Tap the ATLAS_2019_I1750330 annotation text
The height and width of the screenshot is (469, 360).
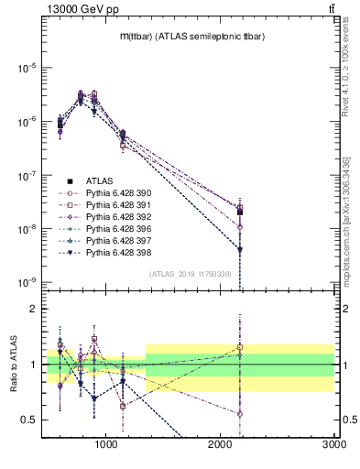pos(191,274)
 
